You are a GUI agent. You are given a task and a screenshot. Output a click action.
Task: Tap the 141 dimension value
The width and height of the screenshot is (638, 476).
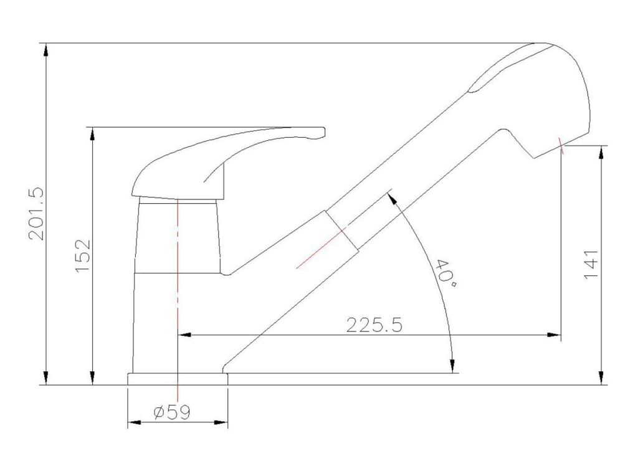(591, 264)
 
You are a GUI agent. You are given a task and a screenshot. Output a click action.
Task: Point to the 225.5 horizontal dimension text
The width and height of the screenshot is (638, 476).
(374, 325)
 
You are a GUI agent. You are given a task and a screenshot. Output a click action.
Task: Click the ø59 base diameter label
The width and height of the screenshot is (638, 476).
(172, 412)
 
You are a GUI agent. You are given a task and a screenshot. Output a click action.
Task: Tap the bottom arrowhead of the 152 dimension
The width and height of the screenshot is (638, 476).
(93, 377)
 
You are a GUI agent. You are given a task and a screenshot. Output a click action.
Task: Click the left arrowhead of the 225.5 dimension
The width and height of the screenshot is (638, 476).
(185, 335)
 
